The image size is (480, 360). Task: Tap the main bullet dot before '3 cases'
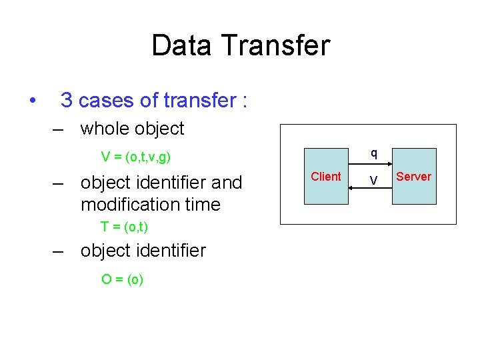click(31, 101)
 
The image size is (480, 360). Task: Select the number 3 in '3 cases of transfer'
click(66, 101)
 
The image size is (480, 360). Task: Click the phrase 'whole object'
click(132, 128)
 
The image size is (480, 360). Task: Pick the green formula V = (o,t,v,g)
click(135, 157)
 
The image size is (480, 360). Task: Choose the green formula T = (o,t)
click(124, 227)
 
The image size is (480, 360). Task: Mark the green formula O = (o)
click(122, 279)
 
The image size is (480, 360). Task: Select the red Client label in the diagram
click(325, 177)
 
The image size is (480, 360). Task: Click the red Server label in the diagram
click(413, 177)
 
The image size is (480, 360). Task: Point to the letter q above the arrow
click(374, 153)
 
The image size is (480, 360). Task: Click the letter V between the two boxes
click(373, 181)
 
